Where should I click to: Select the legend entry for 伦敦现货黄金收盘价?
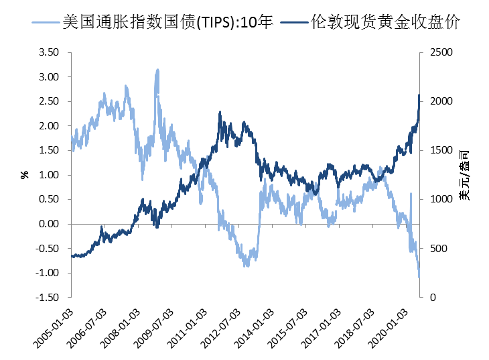385,22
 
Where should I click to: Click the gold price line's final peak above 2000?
419,95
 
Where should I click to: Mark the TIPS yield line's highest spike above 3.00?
157,69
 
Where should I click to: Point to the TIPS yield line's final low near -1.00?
419,276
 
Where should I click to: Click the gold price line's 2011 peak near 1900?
220,113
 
